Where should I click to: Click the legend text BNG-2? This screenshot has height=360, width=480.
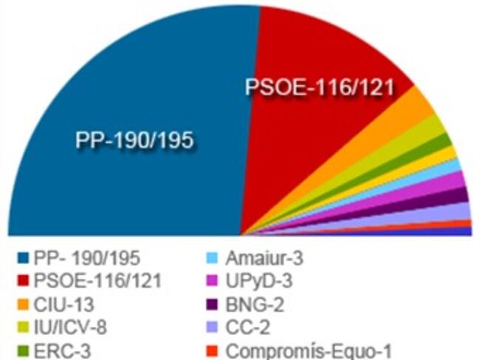(256, 305)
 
